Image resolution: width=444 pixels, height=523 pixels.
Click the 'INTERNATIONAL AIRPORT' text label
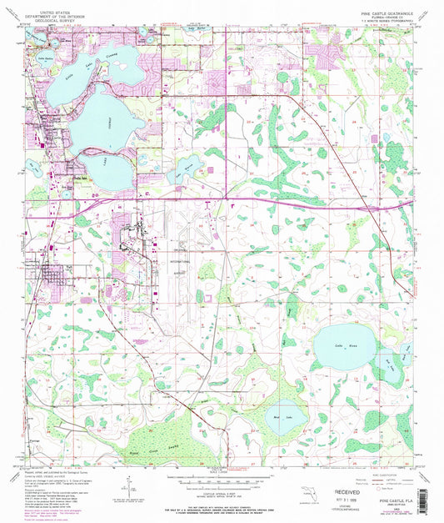tap(180, 264)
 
